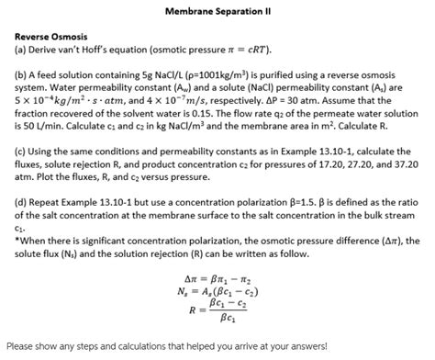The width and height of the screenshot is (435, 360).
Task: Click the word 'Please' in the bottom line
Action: click(x=23, y=347)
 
